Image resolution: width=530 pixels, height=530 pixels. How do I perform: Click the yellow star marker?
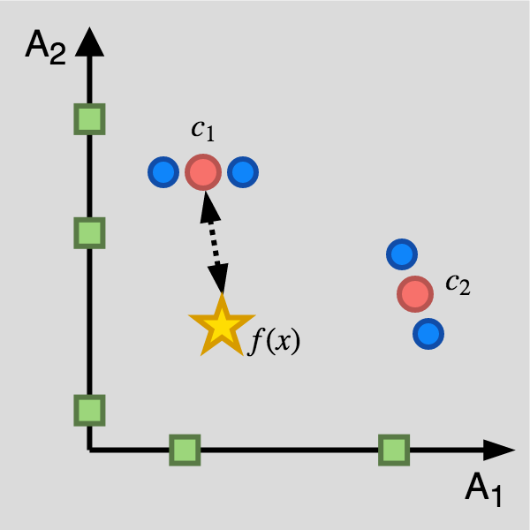coord(221,326)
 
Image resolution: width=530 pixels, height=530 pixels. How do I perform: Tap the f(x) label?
coord(274,340)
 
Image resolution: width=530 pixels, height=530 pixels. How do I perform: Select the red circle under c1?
coord(203,172)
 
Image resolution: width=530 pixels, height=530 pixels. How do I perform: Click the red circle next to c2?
coord(414,293)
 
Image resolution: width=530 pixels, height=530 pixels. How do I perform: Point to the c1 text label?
coord(202,130)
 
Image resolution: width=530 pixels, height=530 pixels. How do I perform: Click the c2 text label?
coord(457,284)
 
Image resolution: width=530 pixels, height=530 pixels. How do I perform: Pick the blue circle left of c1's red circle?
coord(163,172)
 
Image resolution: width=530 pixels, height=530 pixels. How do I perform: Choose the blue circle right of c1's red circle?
coord(243,172)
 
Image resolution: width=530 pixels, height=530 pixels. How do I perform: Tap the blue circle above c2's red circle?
coord(401,255)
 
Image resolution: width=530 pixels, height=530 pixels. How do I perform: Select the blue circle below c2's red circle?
coord(428,334)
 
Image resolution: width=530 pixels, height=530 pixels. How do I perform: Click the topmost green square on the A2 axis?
coord(88,119)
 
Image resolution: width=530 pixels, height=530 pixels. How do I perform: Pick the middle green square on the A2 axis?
coord(88,233)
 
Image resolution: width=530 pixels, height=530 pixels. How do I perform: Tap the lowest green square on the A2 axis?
coord(88,410)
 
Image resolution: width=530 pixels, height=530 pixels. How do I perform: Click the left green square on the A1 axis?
coord(185,450)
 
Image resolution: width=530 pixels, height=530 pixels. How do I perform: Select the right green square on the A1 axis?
coord(394,450)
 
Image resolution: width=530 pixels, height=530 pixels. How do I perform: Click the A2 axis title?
coord(44,46)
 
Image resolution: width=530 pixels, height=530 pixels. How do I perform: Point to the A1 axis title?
coord(483,489)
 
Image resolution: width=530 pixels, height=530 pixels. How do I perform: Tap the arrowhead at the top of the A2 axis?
coord(88,41)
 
